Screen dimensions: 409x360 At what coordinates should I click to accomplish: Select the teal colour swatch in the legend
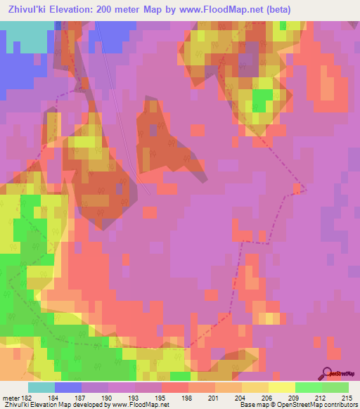coord(41,387)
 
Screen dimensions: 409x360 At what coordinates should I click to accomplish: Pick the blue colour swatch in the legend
coord(67,387)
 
